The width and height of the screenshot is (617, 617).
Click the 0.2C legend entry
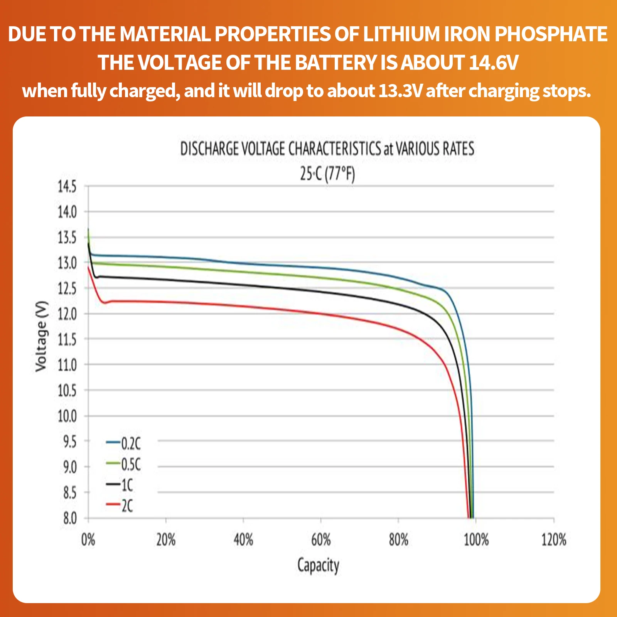(123, 443)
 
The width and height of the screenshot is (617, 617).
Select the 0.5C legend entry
(123, 464)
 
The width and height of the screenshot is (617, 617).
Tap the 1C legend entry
(120, 485)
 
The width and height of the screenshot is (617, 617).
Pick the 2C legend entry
(120, 505)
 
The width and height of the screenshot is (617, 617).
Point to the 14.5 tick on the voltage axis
(67, 187)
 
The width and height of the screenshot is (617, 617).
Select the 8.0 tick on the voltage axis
(70, 518)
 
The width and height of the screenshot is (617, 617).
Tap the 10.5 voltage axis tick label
(67, 391)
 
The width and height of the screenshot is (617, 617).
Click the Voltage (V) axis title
(41, 336)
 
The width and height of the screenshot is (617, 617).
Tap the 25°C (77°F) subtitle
(327, 174)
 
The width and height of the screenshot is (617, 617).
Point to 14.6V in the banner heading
(494, 62)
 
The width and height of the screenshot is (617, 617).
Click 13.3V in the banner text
(400, 91)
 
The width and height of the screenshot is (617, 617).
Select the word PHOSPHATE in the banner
(551, 34)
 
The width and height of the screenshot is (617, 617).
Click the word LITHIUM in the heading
(401, 34)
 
